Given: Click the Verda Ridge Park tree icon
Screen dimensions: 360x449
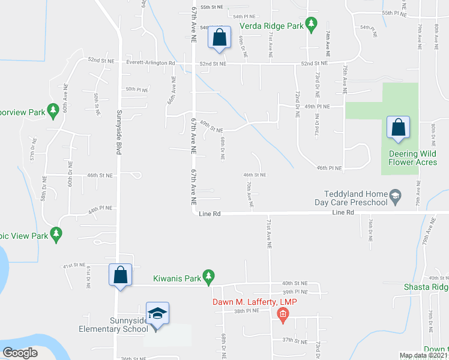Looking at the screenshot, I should (311, 25).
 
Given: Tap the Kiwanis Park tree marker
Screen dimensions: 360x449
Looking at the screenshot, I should (208, 276).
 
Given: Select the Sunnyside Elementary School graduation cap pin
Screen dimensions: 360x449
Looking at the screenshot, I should (157, 314).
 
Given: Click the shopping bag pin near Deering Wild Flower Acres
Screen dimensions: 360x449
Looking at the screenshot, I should (398, 128).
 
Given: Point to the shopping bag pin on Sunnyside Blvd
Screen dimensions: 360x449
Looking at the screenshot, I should (120, 275).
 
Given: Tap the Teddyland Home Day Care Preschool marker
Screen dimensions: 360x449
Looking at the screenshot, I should (395, 195).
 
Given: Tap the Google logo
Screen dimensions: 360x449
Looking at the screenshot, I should (20, 353).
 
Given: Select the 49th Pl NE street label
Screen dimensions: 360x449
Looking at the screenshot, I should (318, 106).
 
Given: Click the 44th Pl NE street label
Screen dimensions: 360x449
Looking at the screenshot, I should (100, 212).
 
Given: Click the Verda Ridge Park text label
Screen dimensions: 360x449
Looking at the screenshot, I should (271, 26).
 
